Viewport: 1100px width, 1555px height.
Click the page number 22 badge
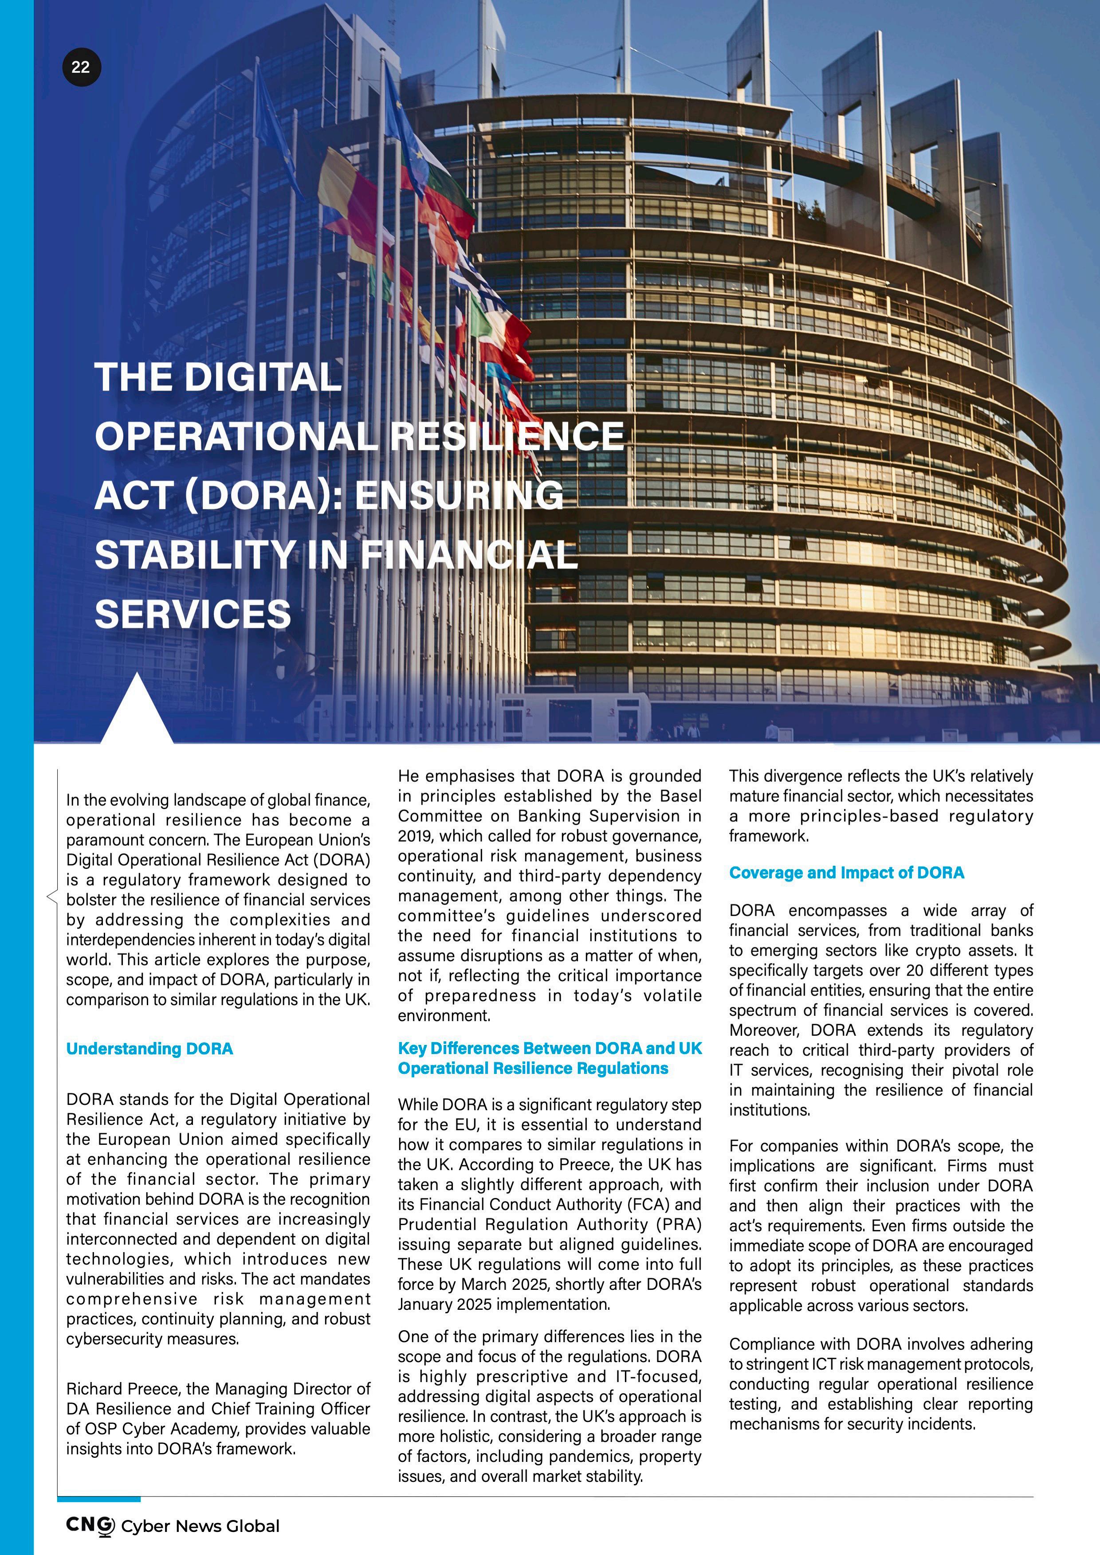click(81, 67)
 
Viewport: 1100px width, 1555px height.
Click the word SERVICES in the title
click(193, 614)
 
